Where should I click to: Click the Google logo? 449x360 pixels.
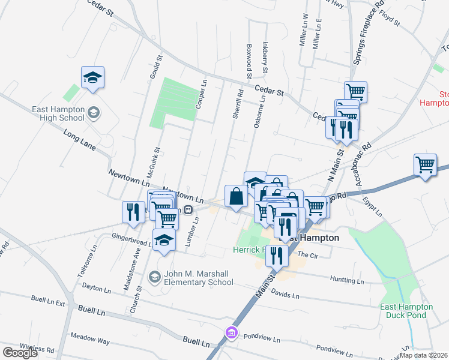(x=20, y=353)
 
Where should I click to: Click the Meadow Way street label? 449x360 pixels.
(x=90, y=340)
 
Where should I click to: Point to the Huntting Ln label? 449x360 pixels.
(x=348, y=280)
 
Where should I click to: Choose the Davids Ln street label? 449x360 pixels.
(x=285, y=294)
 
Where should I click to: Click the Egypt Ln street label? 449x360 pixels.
(x=373, y=208)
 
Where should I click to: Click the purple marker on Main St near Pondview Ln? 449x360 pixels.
(x=231, y=332)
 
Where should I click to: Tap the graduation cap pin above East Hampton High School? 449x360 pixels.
(x=93, y=77)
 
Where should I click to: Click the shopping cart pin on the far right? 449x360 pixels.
(x=426, y=164)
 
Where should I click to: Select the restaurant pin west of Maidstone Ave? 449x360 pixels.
(x=133, y=211)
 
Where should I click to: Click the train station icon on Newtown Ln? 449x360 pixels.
(x=188, y=210)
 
